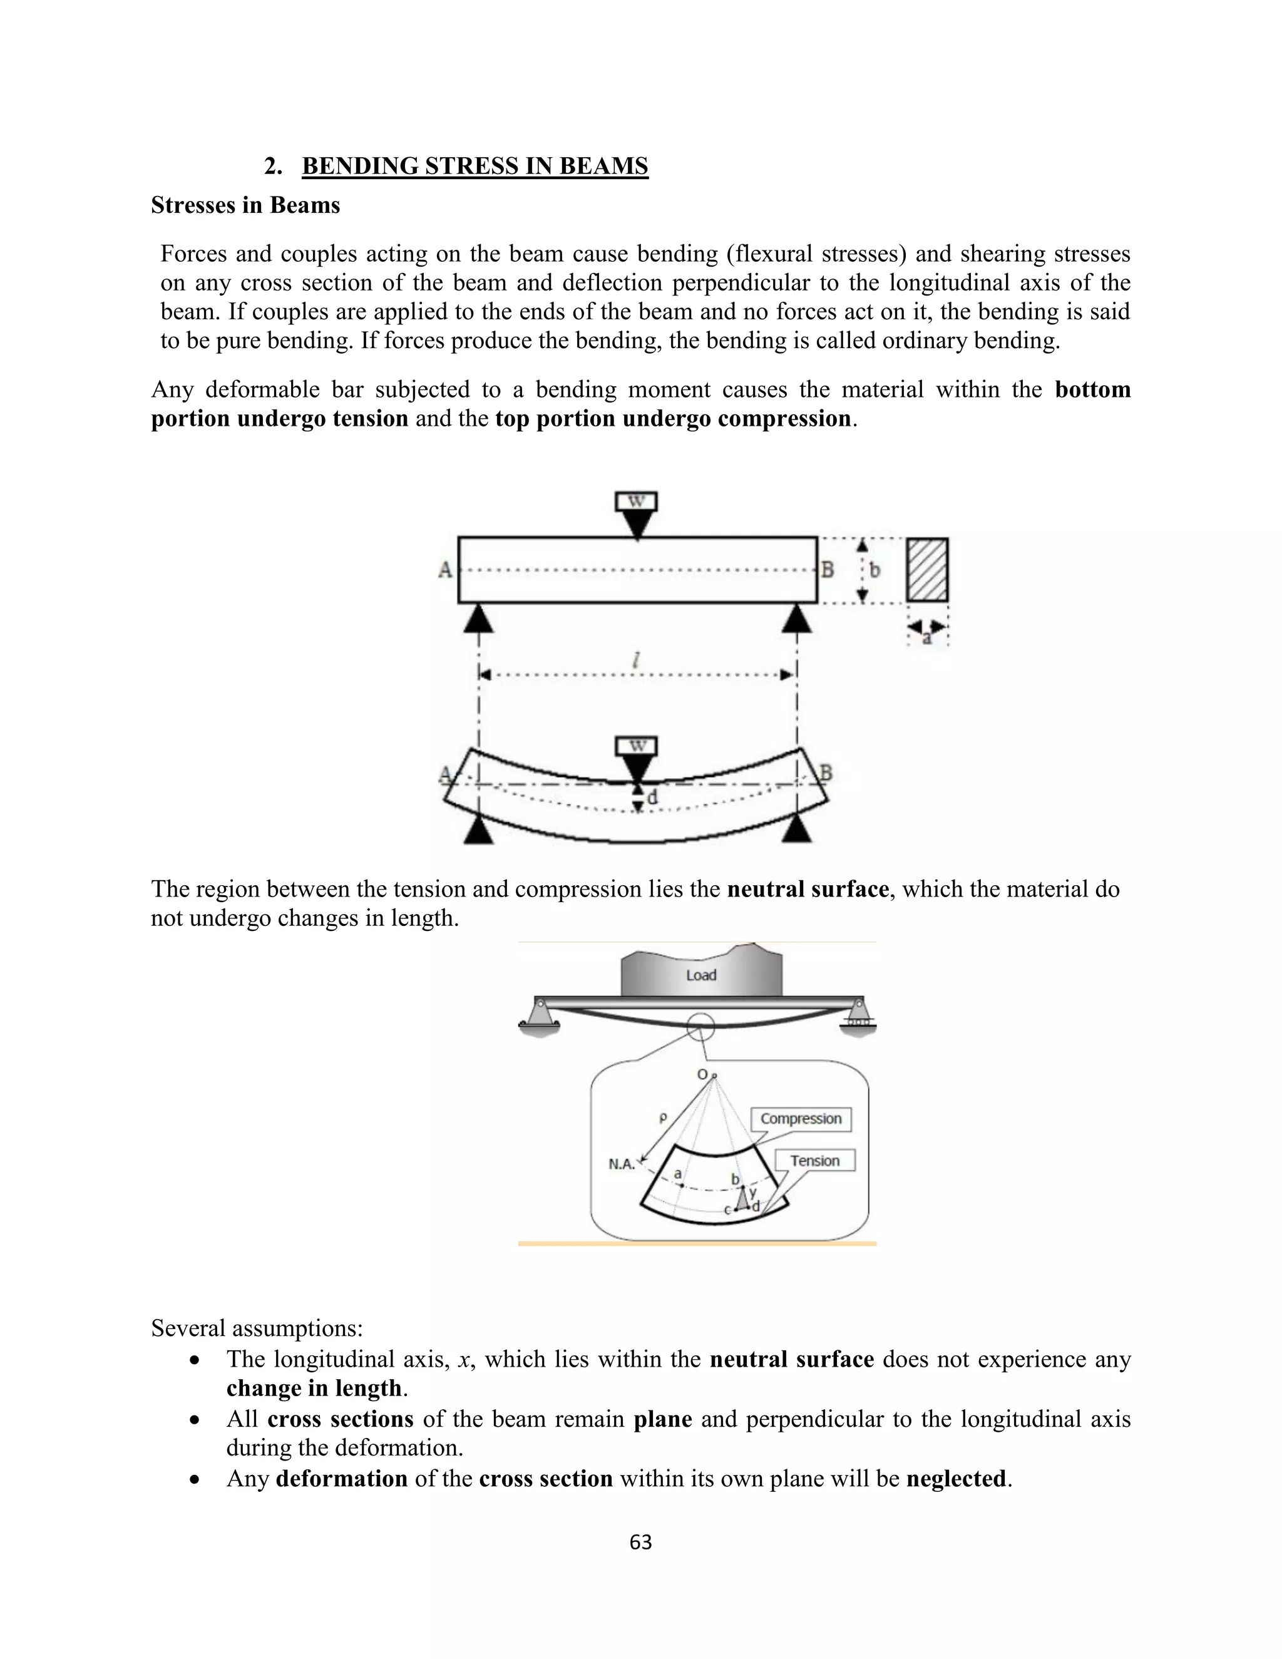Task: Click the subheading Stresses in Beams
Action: click(x=245, y=205)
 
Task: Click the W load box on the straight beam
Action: click(x=637, y=502)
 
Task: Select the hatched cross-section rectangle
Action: click(x=927, y=570)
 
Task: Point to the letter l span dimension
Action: click(x=637, y=661)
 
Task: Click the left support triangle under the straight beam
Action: click(x=478, y=619)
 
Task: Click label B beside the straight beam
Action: click(x=827, y=569)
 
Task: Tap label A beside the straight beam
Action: click(x=446, y=570)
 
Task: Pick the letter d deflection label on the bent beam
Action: click(x=652, y=798)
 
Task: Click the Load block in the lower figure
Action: click(x=701, y=975)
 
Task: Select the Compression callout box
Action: click(x=801, y=1119)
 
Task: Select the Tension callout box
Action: click(x=814, y=1161)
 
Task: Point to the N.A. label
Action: click(x=622, y=1164)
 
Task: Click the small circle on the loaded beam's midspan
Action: click(x=700, y=1027)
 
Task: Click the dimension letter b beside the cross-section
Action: click(x=875, y=570)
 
